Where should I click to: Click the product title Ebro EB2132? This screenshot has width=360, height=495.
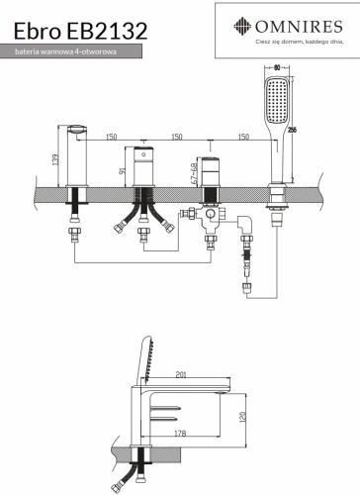click(80, 31)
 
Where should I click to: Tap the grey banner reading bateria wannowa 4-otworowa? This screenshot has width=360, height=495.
click(71, 51)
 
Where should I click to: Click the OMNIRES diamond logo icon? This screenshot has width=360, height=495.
click(242, 26)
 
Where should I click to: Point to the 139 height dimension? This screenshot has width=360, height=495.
click(55, 159)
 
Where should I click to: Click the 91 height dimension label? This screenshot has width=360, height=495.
click(122, 171)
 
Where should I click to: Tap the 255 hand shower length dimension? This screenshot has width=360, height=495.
click(292, 130)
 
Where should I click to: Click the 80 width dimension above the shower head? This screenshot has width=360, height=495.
click(277, 67)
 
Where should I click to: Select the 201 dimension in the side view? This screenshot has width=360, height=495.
click(181, 374)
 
